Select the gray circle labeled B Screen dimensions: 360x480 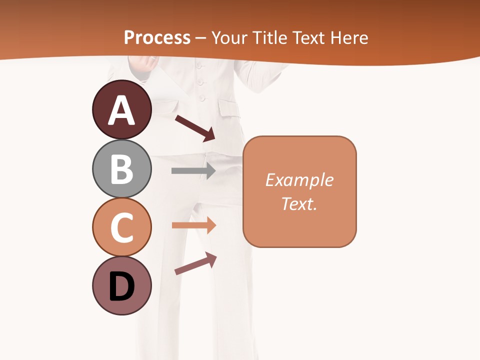[121, 168]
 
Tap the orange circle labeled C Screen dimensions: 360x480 [121, 227]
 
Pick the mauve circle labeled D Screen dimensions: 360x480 [121, 285]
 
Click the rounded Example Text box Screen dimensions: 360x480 [299, 191]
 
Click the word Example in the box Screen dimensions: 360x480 [299, 180]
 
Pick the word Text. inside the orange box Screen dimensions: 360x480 [299, 203]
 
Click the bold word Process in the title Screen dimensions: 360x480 [157, 37]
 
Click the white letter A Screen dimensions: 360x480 [121, 111]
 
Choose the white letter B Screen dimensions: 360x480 [121, 169]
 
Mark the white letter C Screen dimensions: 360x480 [121, 228]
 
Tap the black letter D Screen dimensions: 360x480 [121, 287]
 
